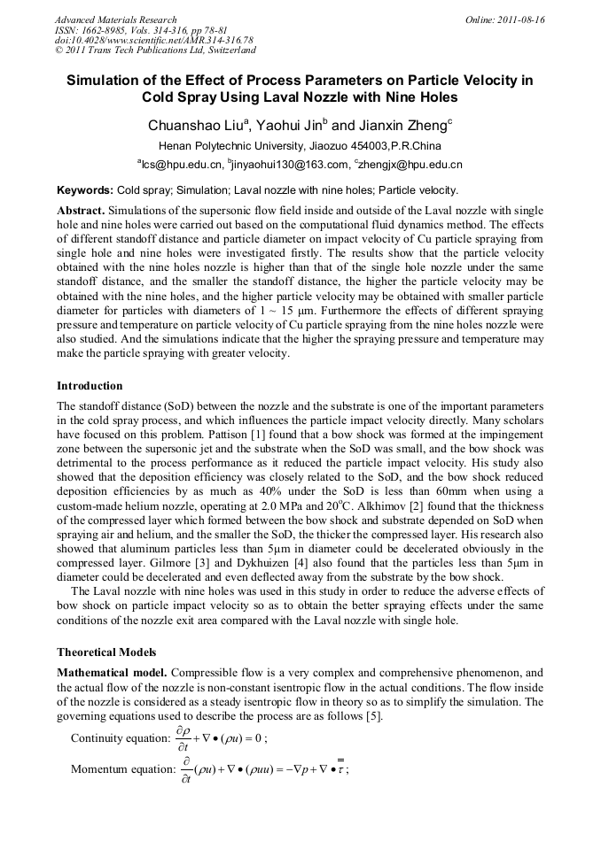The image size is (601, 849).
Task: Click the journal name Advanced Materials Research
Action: click(x=115, y=19)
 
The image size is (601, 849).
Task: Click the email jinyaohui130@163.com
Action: click(x=291, y=165)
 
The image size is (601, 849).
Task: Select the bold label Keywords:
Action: click(x=85, y=190)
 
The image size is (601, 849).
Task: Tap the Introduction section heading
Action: click(x=90, y=386)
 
